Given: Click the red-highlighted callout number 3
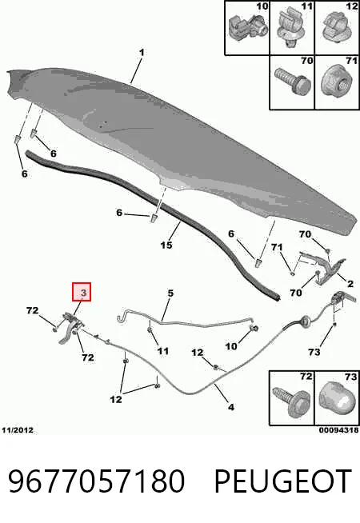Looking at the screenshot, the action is (83, 293).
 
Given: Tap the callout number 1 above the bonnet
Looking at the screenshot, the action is (142, 53).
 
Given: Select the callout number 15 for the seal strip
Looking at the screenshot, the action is (166, 246).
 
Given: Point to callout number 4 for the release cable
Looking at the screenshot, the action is (231, 406).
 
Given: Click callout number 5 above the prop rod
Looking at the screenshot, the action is (170, 293).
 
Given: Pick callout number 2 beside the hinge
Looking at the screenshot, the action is (350, 284).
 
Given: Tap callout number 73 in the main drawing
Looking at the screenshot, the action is (314, 352).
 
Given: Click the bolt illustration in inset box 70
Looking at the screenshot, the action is (293, 81).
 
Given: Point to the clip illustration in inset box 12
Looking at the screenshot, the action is (337, 27).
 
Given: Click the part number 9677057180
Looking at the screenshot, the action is (96, 481).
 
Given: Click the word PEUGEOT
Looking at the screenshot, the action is (283, 481).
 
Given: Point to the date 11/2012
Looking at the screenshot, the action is (18, 430).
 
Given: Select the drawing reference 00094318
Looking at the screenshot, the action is (338, 430).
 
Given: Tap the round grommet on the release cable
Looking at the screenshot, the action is (306, 321).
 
